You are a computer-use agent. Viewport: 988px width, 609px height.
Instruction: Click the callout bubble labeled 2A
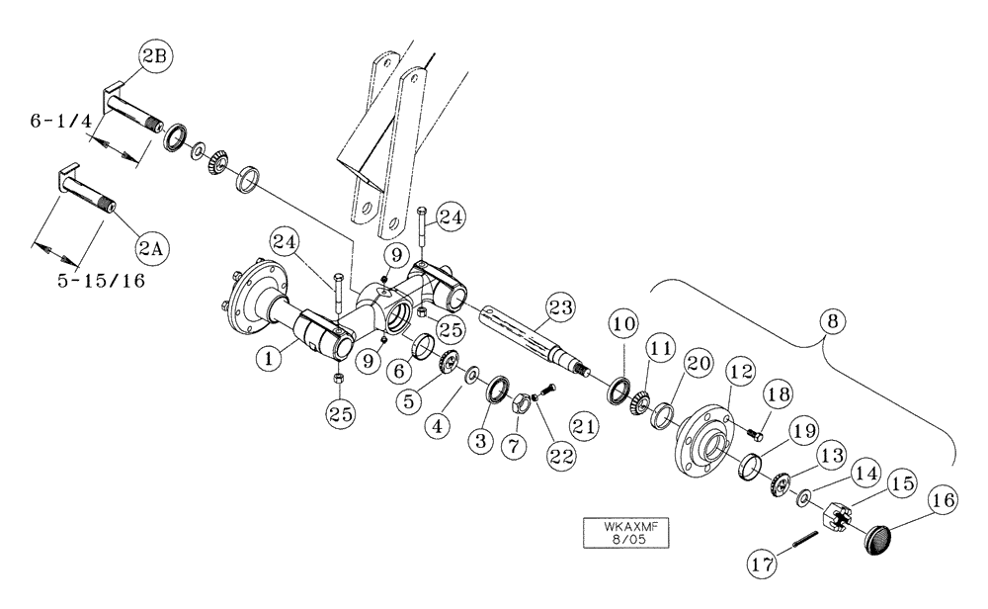(151, 249)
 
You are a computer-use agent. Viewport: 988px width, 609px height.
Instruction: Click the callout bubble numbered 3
(479, 441)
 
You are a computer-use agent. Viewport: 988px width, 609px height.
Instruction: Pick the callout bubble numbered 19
(803, 431)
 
